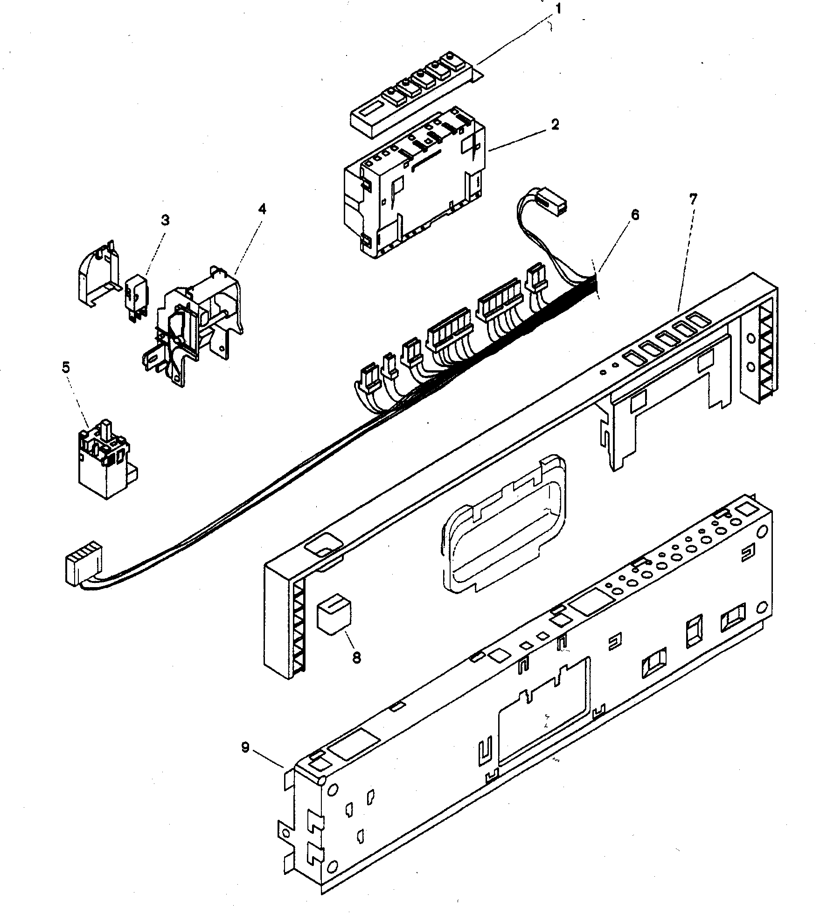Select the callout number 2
[555, 125]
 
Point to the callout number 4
[262, 209]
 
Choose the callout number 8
[356, 658]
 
